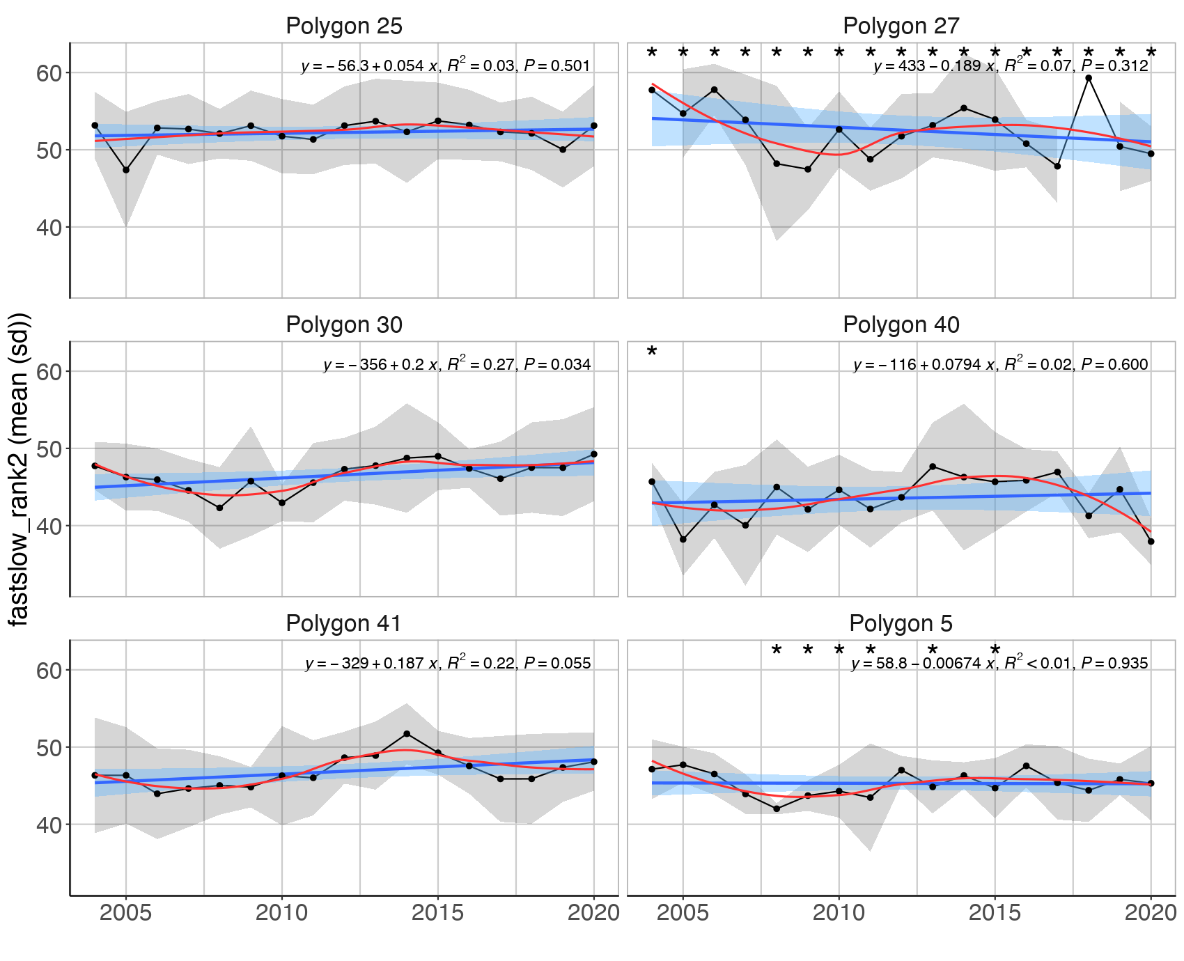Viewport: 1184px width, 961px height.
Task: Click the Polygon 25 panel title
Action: click(344, 26)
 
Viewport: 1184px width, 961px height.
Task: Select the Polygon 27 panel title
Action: click(901, 26)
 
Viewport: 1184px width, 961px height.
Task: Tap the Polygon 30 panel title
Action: click(344, 325)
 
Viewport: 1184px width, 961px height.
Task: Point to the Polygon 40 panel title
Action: click(901, 325)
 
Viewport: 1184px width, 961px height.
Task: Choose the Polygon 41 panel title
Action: click(344, 623)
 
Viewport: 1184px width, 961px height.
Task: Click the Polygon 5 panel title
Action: click(901, 623)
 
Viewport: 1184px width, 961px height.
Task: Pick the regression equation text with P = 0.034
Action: click(457, 364)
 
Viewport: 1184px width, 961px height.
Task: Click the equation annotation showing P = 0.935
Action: click(999, 663)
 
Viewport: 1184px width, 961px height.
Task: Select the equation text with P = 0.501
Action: click(446, 66)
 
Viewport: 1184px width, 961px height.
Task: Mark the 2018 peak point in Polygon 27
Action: click(1089, 78)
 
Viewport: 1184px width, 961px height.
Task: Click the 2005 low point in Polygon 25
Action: click(126, 170)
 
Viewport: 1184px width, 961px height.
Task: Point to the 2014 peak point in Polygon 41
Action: click(407, 734)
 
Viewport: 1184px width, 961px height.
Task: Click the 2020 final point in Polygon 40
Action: click(1151, 541)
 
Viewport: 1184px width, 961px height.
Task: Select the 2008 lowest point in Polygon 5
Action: click(777, 808)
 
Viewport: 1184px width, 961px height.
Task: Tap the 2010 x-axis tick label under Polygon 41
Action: click(281, 913)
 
